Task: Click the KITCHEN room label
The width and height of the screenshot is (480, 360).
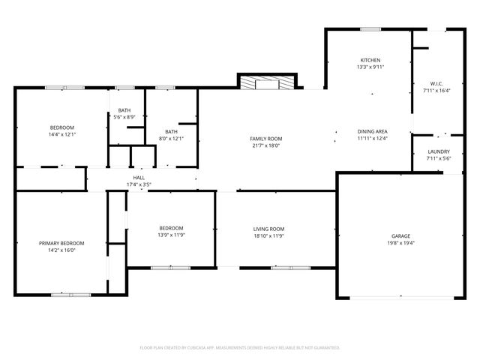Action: (x=370, y=60)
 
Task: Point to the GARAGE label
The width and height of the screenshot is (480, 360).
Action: (x=400, y=235)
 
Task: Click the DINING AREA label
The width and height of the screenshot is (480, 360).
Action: (x=372, y=131)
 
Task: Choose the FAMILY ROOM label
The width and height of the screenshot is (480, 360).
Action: (x=265, y=139)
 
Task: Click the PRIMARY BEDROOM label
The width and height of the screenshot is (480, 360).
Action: (x=61, y=243)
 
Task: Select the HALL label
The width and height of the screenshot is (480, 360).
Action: (x=139, y=178)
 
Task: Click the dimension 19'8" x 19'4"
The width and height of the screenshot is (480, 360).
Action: (x=400, y=242)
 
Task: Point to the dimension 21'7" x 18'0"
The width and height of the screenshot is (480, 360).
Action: (x=265, y=146)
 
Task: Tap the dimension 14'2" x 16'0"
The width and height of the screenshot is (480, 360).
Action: (x=61, y=250)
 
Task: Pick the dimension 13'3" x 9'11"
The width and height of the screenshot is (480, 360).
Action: (x=370, y=67)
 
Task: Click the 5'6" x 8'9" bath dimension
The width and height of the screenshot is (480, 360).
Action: (x=124, y=117)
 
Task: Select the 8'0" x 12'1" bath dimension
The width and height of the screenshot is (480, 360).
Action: (x=171, y=139)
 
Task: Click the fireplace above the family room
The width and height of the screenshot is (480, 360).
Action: (x=267, y=82)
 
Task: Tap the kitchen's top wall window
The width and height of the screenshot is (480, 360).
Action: (x=370, y=29)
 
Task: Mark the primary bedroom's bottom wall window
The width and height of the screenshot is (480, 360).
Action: (x=71, y=294)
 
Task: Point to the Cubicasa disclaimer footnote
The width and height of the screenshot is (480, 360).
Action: (x=240, y=348)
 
